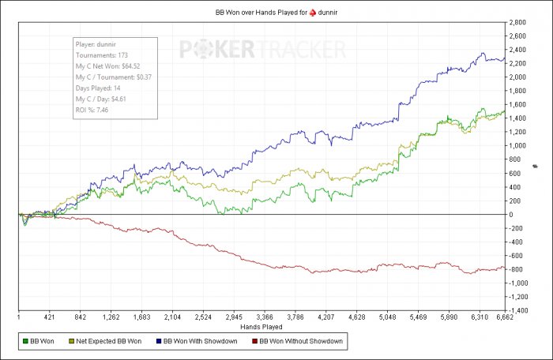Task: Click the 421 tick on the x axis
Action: point(49,318)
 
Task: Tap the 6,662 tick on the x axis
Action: point(505,318)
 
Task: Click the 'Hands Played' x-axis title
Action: point(261,326)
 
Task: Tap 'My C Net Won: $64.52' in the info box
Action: point(107,67)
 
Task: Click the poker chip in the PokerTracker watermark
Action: point(218,50)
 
